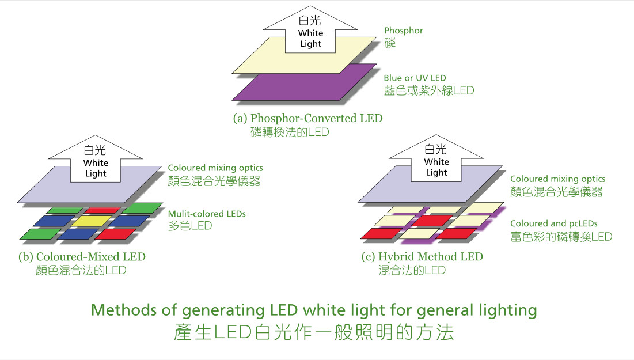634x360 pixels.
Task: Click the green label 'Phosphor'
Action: coord(403,31)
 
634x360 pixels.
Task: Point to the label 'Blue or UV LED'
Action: coord(415,78)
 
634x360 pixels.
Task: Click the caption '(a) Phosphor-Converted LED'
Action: coord(307,118)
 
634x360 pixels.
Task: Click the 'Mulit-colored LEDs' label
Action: coord(207,214)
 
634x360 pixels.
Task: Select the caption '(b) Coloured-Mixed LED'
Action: coord(82,256)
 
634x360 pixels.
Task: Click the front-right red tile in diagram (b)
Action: coord(115,234)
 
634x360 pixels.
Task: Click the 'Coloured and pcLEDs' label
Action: coord(553,223)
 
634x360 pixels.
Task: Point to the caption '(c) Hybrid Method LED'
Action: coord(422,256)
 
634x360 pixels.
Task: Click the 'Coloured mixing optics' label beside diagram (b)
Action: coord(215,168)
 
